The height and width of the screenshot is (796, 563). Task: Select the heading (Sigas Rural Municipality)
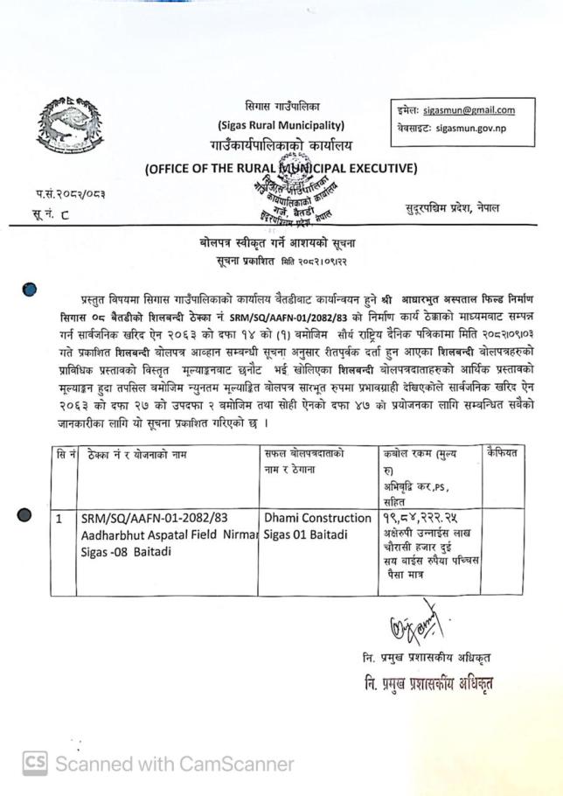coord(281,125)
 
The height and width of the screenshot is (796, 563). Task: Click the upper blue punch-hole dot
coord(31,290)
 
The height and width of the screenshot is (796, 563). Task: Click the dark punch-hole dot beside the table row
coord(24,517)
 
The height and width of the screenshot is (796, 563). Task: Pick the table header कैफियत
coord(506,452)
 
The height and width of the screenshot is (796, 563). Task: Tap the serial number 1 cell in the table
coord(59,519)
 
